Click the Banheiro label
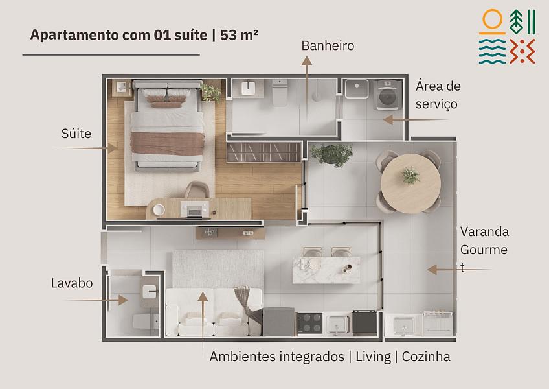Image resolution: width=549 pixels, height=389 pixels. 328,46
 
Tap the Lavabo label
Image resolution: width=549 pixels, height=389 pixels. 72,283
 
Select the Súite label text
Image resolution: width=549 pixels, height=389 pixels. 76,134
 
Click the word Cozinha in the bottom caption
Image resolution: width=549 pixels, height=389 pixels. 426,357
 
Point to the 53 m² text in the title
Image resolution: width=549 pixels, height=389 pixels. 239,35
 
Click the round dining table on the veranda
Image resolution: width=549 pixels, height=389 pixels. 410,183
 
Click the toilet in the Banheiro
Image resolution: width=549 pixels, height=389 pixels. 280,92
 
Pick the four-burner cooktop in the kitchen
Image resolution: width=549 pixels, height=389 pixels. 309,323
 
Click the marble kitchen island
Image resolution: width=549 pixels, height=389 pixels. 326,270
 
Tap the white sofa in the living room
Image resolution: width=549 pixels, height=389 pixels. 214,312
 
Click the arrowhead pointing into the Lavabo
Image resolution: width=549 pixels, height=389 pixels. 123,300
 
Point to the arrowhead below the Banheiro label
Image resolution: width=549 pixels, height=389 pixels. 307,61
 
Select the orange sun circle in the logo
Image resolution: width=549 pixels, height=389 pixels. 492,19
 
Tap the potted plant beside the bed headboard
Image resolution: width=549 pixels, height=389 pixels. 211,93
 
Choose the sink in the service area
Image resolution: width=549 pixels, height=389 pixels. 357,89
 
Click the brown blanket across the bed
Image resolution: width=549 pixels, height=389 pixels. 168,143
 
